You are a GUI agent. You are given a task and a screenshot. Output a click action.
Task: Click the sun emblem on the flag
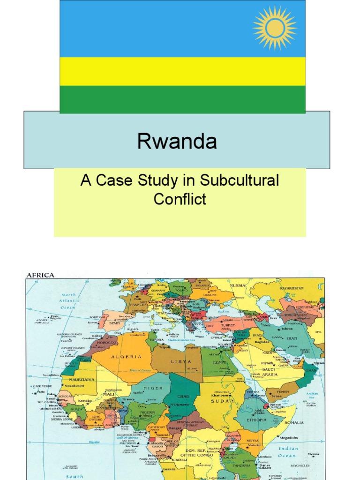(x=275, y=28)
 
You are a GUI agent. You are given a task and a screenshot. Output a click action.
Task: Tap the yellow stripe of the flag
(x=182, y=71)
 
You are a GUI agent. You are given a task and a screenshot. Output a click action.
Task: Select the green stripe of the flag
(x=182, y=99)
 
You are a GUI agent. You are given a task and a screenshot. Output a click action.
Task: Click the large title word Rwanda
(x=177, y=141)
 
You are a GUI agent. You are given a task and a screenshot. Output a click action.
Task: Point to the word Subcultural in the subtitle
(x=239, y=181)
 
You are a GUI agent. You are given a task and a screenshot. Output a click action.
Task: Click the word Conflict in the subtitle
(x=180, y=199)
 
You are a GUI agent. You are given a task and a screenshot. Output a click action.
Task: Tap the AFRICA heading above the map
(x=40, y=275)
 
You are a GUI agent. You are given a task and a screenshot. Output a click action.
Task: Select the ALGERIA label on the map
(x=126, y=357)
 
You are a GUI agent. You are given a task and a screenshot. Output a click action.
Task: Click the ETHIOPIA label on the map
(x=254, y=420)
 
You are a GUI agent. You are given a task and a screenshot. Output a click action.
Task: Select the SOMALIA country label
(x=294, y=422)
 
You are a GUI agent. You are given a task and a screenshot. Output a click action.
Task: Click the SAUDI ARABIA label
(x=269, y=372)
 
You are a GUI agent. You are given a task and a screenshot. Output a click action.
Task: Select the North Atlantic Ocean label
(x=67, y=301)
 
